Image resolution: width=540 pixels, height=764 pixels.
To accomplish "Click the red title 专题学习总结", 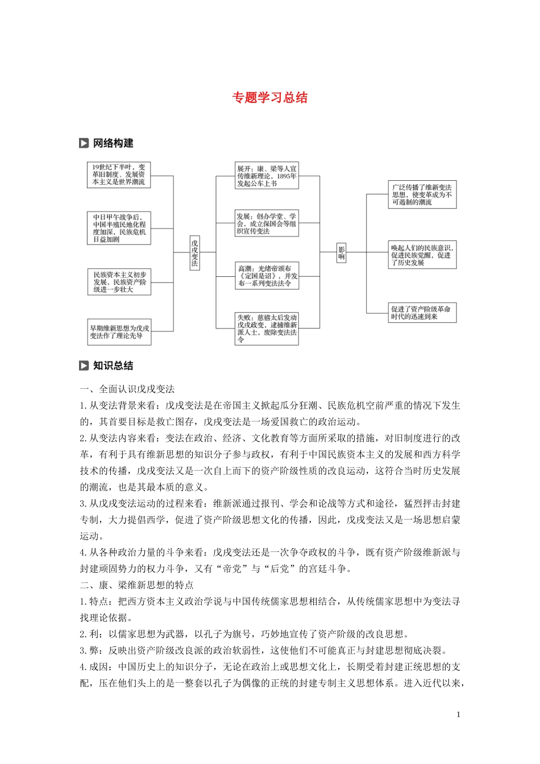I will point(269,98).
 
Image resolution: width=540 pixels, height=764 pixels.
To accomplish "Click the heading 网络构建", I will point(113,143).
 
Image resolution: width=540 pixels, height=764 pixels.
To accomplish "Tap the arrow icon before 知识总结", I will point(84,366).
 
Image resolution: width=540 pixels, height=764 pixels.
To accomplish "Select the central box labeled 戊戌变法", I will point(194,252).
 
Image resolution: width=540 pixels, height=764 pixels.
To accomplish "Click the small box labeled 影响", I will point(342,252).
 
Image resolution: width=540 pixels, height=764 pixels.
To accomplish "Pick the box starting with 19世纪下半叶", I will point(119,175).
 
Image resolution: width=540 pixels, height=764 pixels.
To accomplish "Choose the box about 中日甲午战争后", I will point(119,228).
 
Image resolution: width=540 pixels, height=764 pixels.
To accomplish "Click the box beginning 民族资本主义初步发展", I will point(119,282).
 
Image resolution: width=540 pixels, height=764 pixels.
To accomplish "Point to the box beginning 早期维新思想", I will point(119,332).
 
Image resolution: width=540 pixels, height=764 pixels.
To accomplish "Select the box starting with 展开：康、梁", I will point(267,176).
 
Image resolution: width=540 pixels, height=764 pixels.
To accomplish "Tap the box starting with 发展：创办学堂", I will point(267,223).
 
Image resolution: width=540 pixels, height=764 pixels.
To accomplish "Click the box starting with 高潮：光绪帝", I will point(267,276).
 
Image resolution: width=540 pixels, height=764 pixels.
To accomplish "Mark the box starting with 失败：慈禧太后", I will point(267,329).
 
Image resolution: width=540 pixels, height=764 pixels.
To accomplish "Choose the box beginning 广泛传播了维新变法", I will point(422,194).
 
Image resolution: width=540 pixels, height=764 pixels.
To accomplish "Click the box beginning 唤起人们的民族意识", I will point(422,255).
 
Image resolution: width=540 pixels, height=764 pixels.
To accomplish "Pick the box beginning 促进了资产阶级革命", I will point(422,313).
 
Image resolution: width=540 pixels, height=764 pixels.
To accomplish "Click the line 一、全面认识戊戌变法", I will point(127,389).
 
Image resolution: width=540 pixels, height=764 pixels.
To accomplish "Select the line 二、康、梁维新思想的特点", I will point(136,585).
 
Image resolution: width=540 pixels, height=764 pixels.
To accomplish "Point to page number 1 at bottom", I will point(458,715).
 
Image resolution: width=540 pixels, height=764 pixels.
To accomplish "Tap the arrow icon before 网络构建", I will point(84,143).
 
